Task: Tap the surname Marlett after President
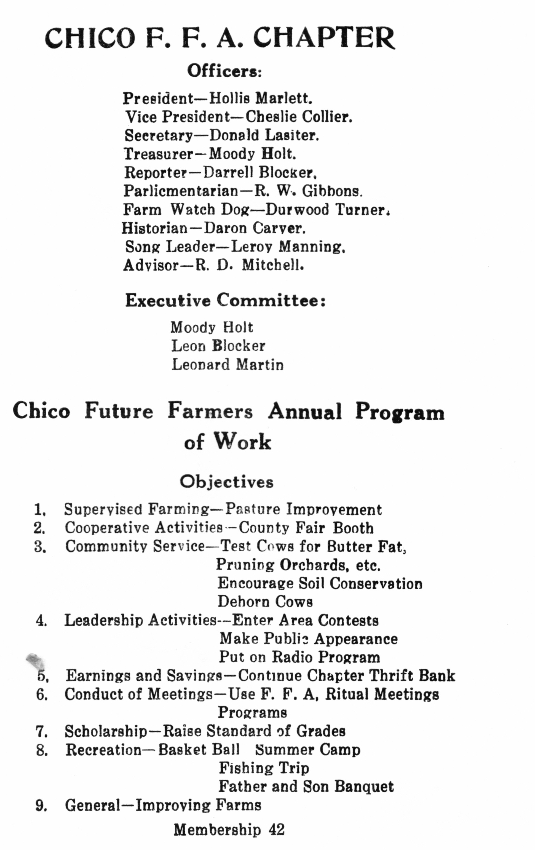284,98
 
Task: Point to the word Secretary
159,135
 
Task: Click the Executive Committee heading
225,300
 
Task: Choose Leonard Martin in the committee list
227,364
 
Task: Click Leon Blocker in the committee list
218,346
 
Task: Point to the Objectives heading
226,482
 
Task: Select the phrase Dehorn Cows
265,602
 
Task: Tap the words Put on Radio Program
299,657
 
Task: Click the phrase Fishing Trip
264,768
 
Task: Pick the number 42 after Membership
277,830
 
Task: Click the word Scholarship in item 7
106,731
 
